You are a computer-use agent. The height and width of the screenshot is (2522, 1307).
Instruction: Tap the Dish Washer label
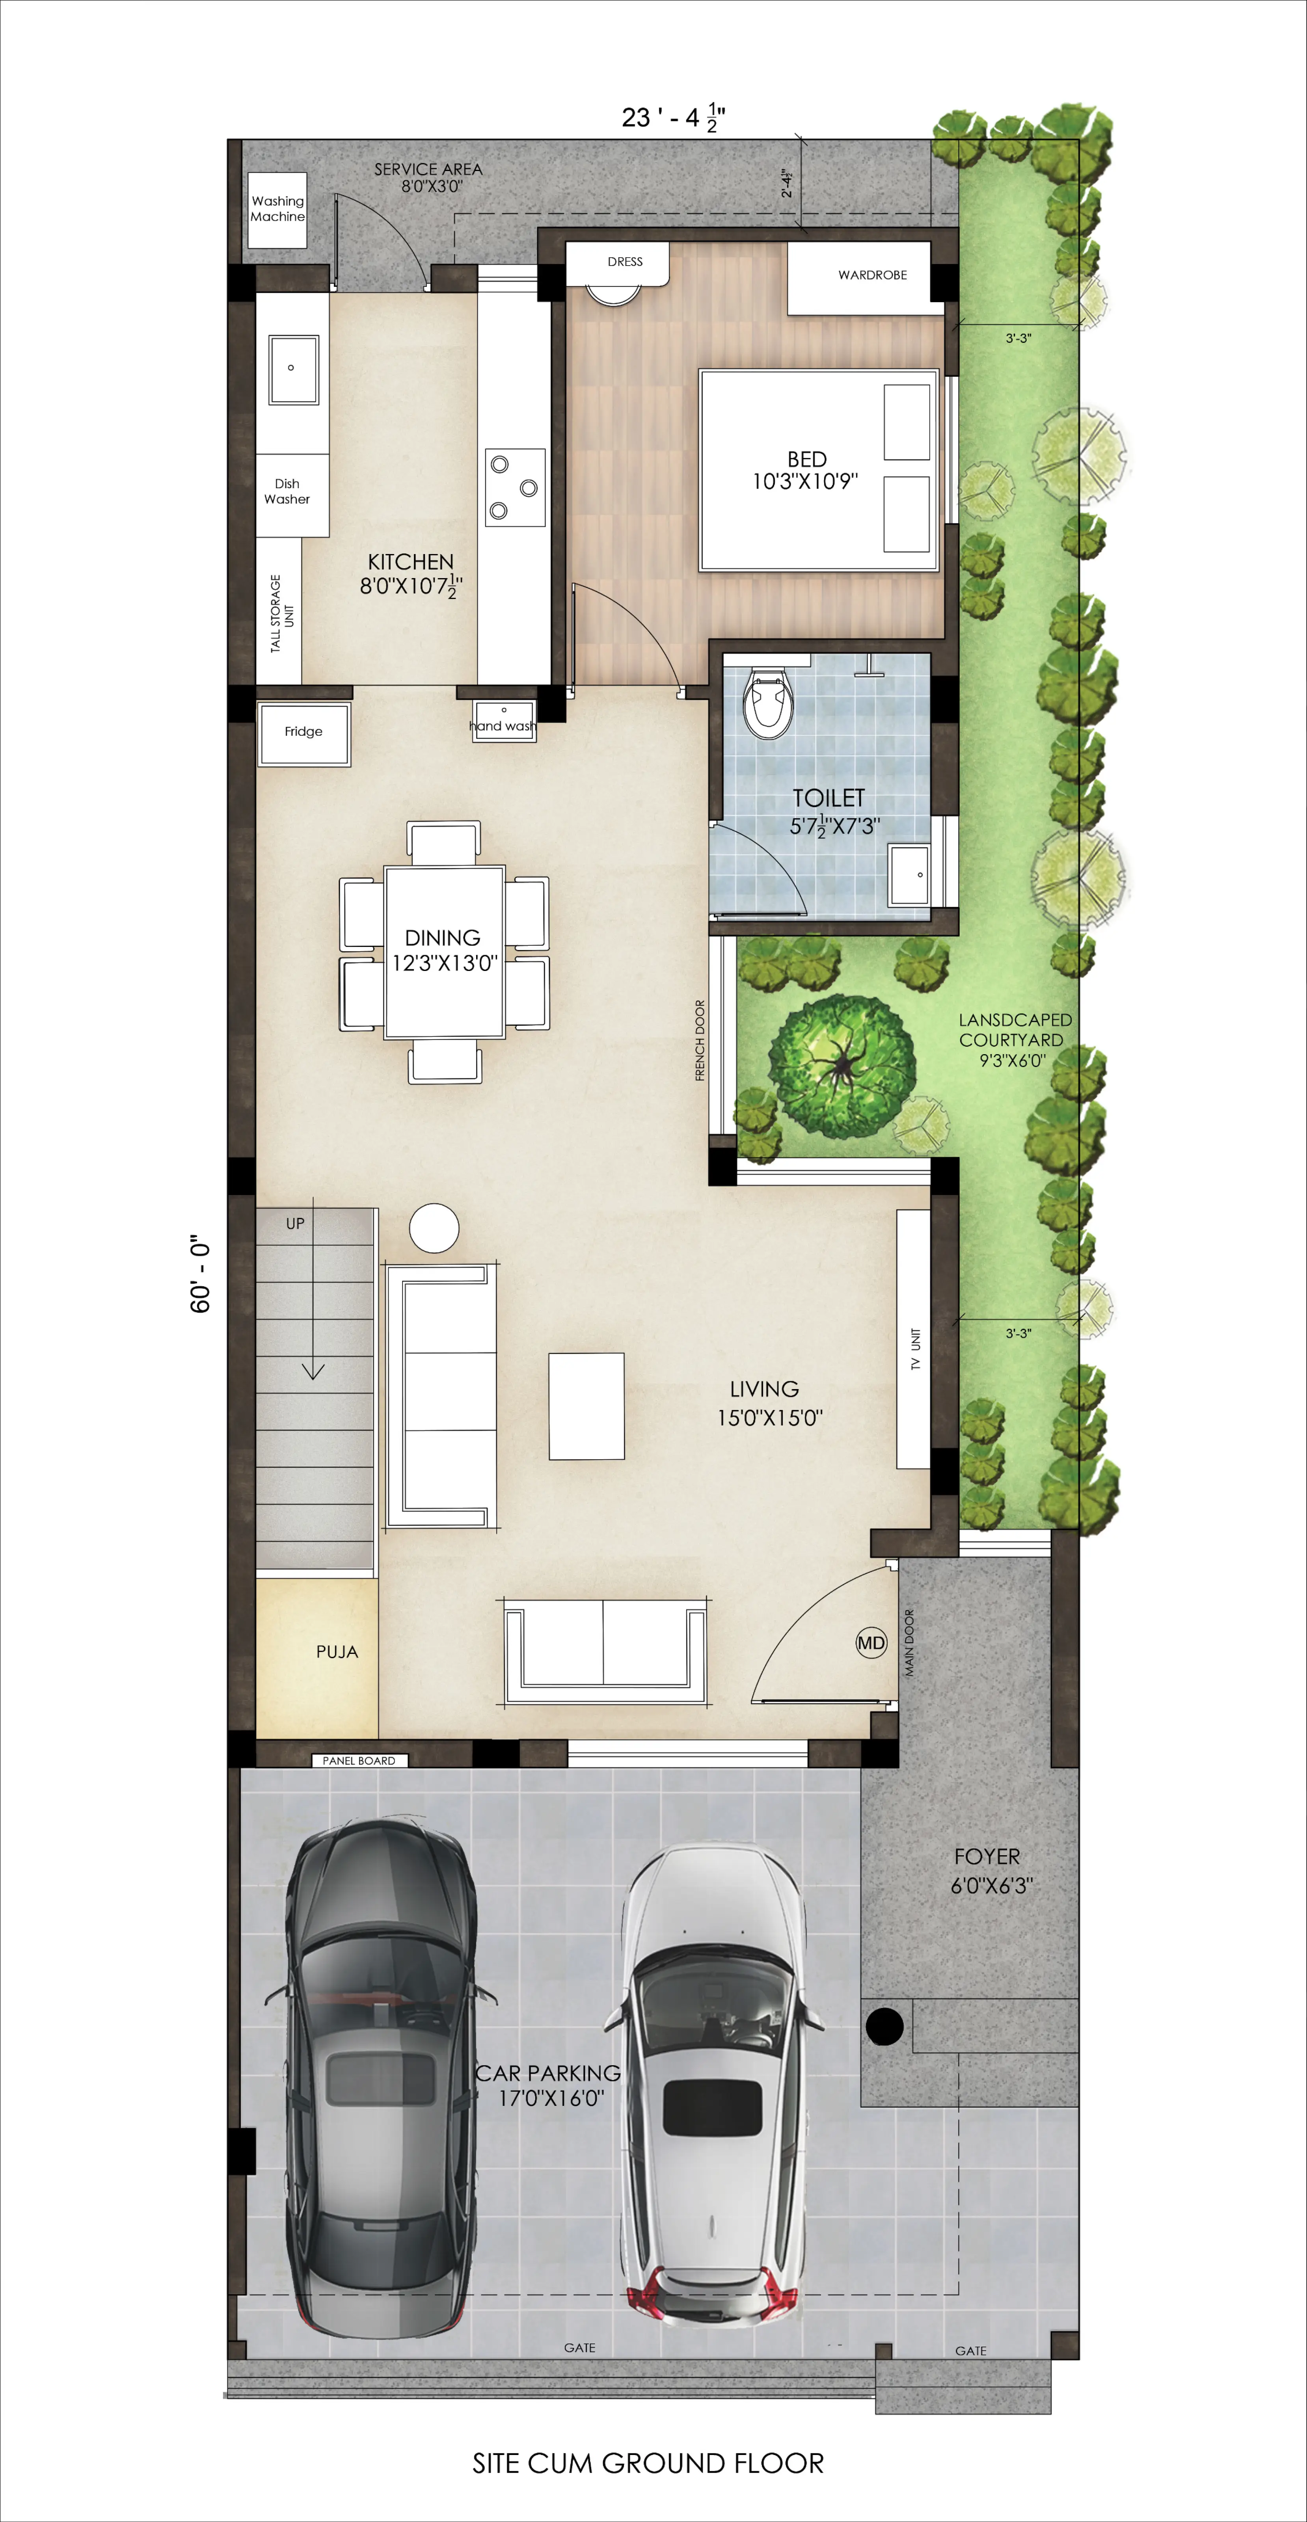(x=287, y=491)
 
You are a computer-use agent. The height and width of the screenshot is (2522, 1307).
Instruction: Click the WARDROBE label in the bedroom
(x=872, y=275)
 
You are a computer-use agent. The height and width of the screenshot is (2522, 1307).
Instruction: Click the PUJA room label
(x=337, y=1652)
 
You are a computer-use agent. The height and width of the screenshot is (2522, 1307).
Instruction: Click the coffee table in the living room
(x=586, y=1406)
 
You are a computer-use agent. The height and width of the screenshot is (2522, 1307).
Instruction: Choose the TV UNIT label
(x=915, y=1348)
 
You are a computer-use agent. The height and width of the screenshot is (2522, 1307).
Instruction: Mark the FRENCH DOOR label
(x=699, y=1040)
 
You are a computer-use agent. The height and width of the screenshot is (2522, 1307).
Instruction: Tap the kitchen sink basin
(x=293, y=369)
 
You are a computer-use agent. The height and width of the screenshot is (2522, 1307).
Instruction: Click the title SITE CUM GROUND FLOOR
(x=648, y=2463)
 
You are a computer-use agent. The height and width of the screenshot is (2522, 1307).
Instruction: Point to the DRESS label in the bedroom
(x=625, y=261)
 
